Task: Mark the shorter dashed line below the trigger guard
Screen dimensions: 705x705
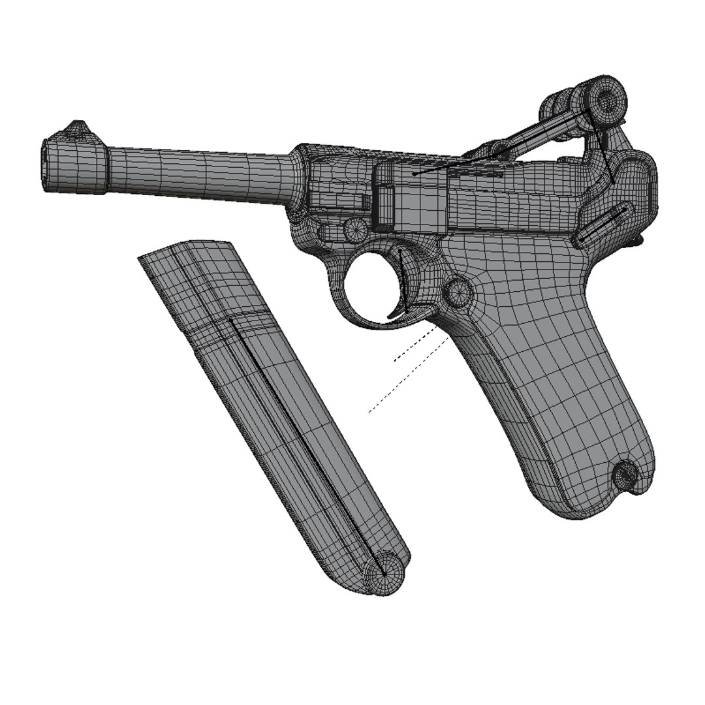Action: click(x=414, y=345)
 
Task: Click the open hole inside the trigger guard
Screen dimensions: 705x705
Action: click(x=371, y=281)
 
